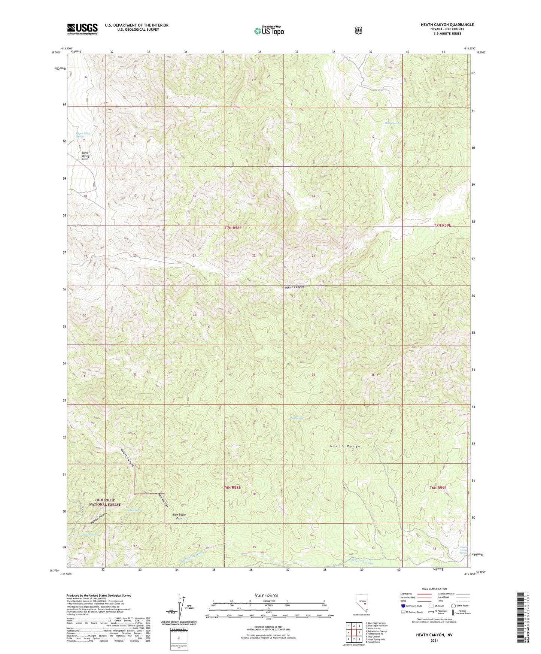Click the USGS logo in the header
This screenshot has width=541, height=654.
click(82, 28)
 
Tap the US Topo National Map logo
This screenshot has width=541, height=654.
click(269, 31)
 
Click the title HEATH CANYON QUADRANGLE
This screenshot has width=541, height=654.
click(447, 25)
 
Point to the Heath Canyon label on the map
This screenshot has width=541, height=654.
click(294, 287)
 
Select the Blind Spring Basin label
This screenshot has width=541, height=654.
click(85, 156)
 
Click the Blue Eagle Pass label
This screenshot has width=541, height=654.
click(179, 516)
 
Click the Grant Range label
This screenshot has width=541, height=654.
click(345, 446)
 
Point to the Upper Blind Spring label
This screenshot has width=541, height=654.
click(82, 135)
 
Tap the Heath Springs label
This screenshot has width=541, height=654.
click(393, 123)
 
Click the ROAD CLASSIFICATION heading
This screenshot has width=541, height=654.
click(434, 589)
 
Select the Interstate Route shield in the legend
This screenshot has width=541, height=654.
click(403, 606)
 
